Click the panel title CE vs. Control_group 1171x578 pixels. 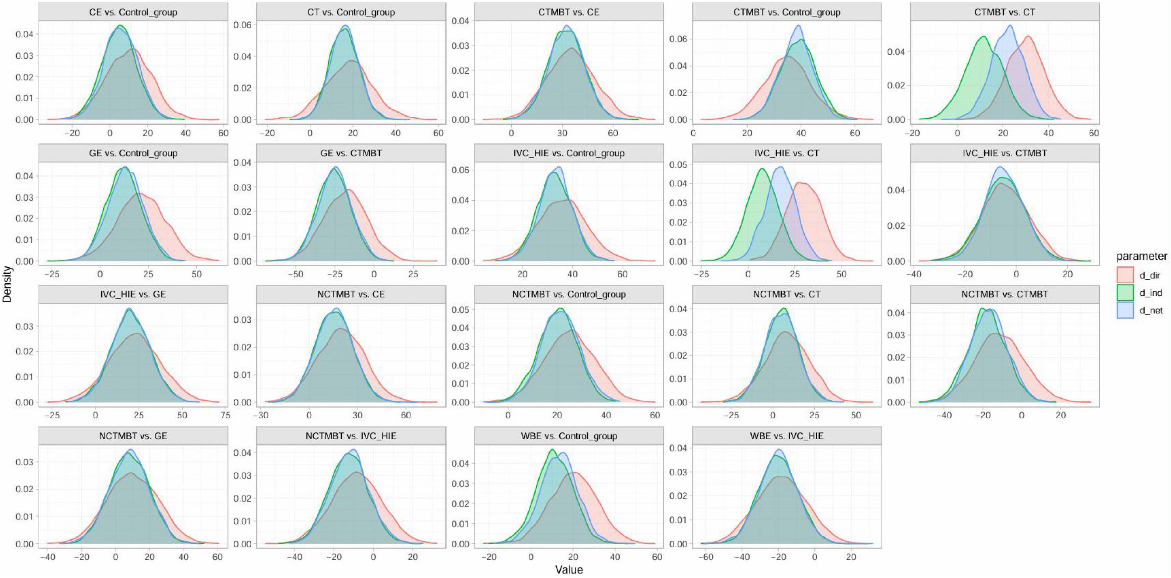[133, 12]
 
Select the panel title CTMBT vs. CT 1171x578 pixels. [1005, 12]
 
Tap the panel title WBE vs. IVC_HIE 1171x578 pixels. [786, 436]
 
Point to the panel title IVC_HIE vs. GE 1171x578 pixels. [133, 294]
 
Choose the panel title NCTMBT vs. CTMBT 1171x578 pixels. [1005, 294]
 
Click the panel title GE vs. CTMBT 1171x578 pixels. [351, 153]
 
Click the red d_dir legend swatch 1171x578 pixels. [1125, 275]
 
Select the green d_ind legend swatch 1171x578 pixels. [1125, 293]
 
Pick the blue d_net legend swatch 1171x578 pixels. [1125, 310]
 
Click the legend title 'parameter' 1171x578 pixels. [1141, 256]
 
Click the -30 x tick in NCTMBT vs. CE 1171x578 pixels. [260, 415]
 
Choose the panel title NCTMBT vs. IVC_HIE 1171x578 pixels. [351, 436]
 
